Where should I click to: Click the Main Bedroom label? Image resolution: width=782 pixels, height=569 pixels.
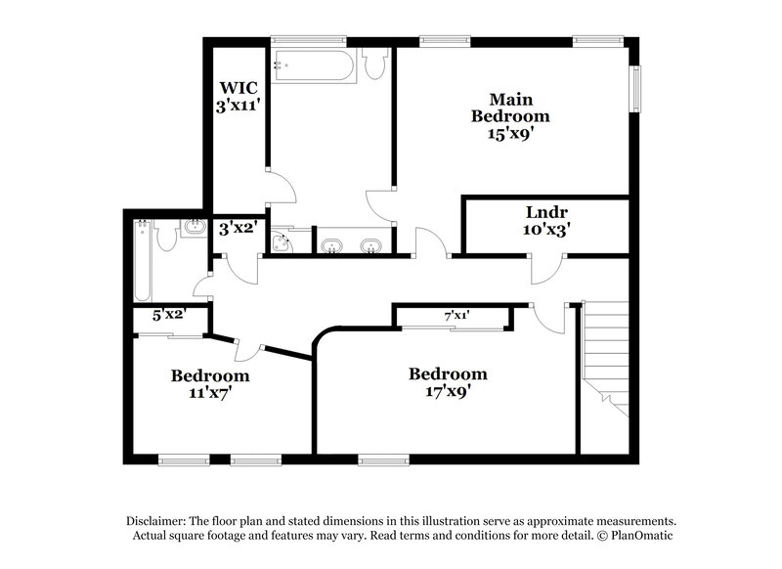[x=509, y=108]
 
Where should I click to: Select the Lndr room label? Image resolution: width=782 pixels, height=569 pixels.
[x=546, y=212]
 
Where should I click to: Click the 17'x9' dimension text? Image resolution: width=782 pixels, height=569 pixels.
[x=448, y=392]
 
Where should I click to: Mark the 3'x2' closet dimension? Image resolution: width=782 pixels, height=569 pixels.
[x=237, y=231]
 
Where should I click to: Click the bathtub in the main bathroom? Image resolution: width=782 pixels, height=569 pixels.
[x=307, y=66]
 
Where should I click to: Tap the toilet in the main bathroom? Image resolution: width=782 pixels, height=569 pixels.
[x=373, y=63]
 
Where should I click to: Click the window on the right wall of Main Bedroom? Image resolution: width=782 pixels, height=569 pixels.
[x=637, y=89]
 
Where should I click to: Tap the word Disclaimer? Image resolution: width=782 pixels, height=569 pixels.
[x=160, y=521]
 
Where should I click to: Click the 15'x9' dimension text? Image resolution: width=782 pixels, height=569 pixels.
[x=509, y=135]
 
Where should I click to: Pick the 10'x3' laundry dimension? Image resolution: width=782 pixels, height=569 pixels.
[x=546, y=231]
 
